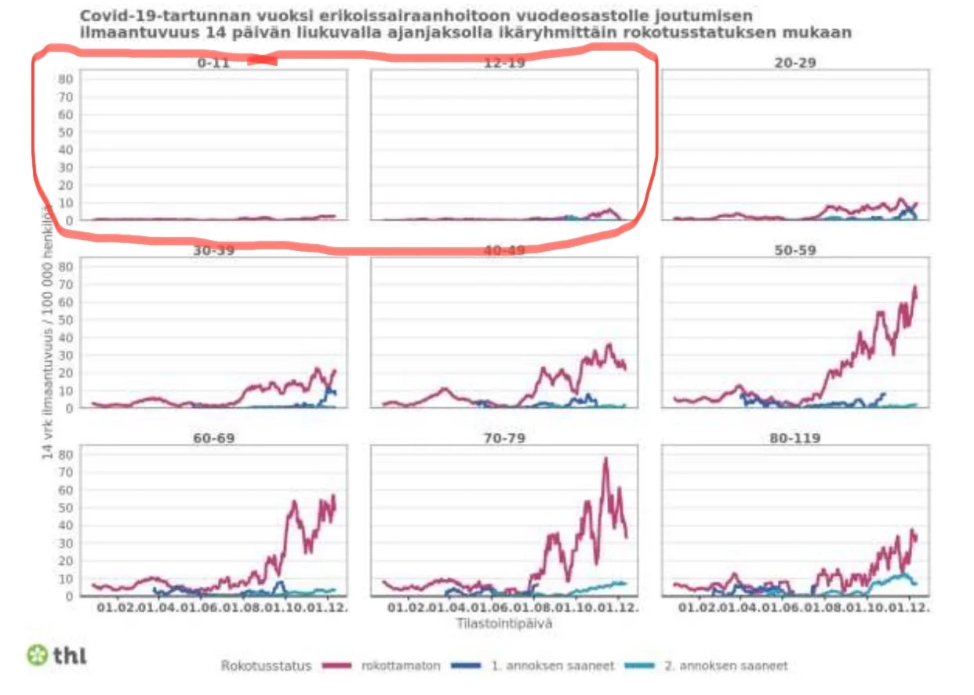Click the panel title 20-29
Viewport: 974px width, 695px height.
pyautogui.click(x=795, y=63)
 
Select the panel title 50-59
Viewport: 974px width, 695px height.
pyautogui.click(x=795, y=250)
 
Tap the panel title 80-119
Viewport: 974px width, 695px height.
pyautogui.click(x=795, y=438)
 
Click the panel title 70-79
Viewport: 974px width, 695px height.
pyautogui.click(x=503, y=438)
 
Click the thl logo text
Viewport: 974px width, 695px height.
pyautogui.click(x=70, y=655)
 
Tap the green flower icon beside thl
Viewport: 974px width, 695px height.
pyautogui.click(x=37, y=655)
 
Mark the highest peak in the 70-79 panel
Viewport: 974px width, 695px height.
pyautogui.click(x=605, y=459)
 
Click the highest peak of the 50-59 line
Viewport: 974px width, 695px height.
pyautogui.click(x=914, y=288)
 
